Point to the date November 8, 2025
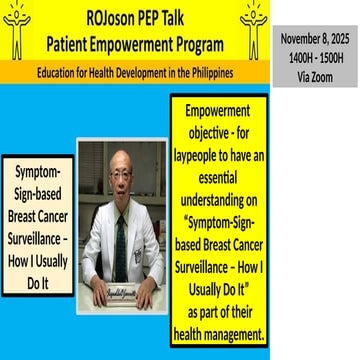tap(315, 38)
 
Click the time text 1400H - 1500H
tap(315, 56)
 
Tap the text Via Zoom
tap(315, 73)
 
